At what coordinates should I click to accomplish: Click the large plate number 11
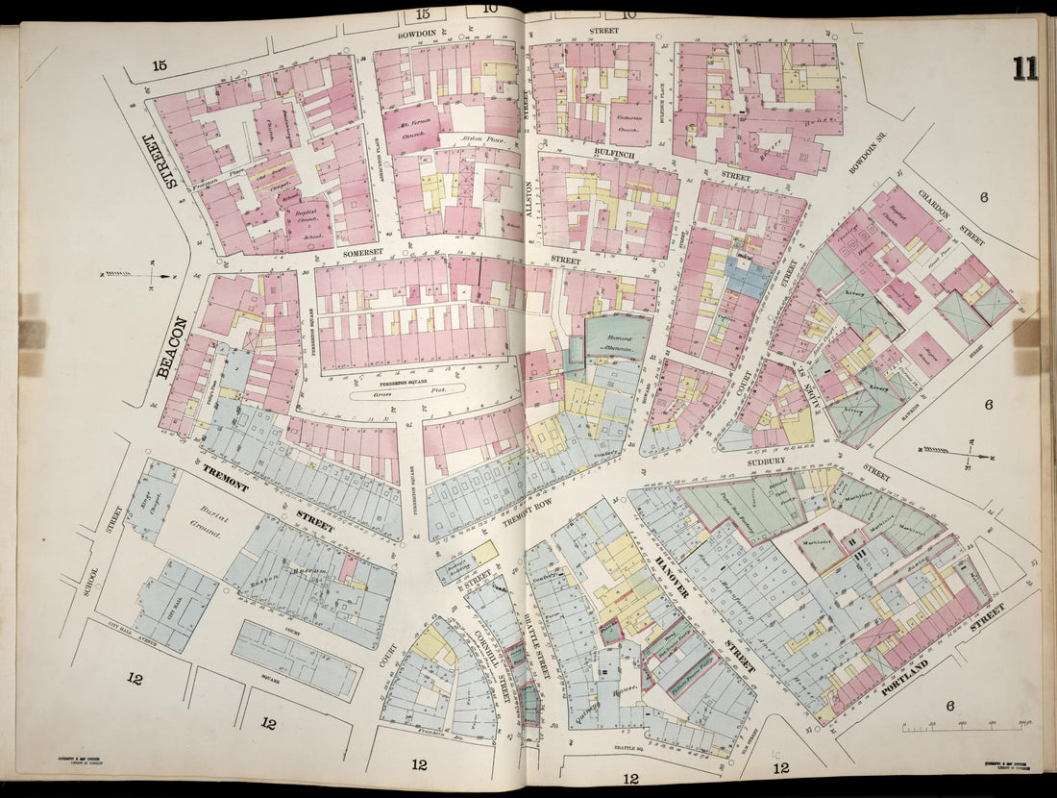click(x=1024, y=69)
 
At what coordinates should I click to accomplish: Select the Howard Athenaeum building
click(x=617, y=338)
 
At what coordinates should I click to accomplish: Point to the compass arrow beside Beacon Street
click(x=135, y=276)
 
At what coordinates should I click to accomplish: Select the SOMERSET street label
click(x=363, y=252)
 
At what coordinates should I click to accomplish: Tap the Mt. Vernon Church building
click(x=411, y=128)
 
